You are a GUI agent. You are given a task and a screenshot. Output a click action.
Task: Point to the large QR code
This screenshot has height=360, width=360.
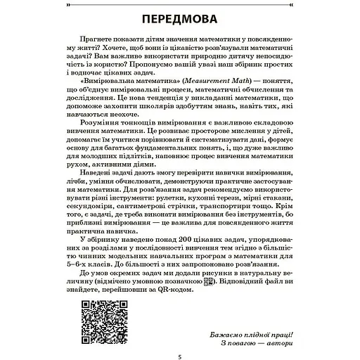tap(95, 318)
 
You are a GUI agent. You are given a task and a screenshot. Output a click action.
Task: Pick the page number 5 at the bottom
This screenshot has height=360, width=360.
tap(180, 356)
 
